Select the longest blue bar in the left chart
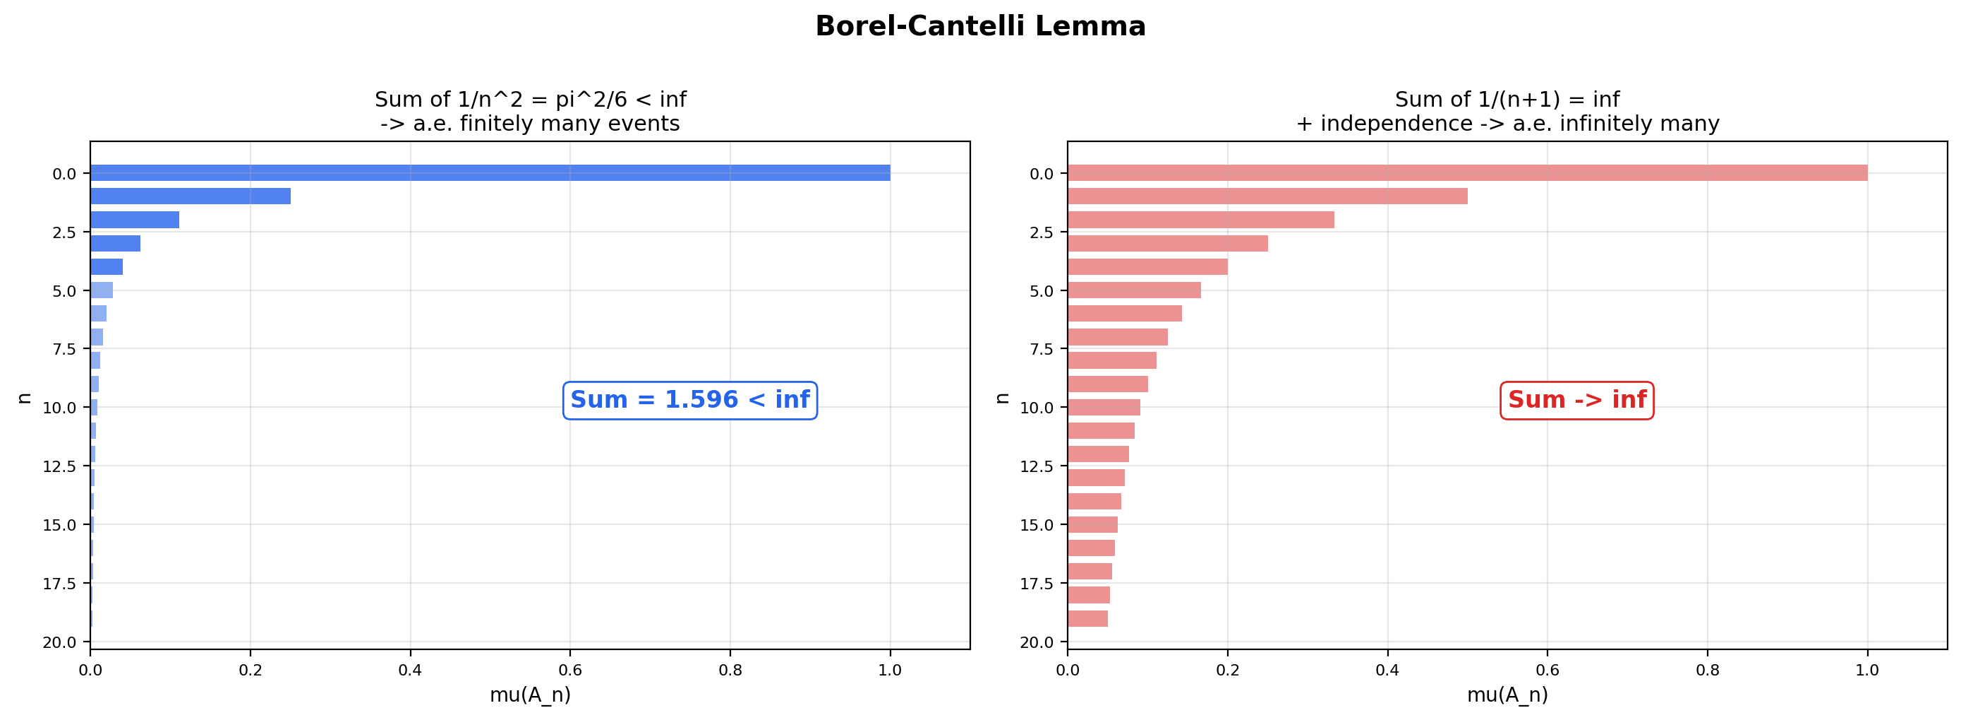tap(490, 173)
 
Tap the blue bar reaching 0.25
tap(191, 196)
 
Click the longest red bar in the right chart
tap(1467, 173)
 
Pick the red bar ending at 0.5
tap(1267, 196)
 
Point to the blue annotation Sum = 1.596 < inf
tap(689, 400)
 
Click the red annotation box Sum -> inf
tap(1576, 400)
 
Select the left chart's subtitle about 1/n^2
tap(530, 111)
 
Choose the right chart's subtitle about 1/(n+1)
tap(1507, 111)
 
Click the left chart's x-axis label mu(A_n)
tap(530, 695)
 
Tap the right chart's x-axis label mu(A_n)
tap(1507, 695)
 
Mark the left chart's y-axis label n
tap(25, 398)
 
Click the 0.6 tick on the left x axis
tap(569, 671)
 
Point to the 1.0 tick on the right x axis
tap(1866, 671)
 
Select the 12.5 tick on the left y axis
tap(59, 466)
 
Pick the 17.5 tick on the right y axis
tap(1037, 584)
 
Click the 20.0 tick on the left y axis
tap(59, 642)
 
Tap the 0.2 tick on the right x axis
tap(1227, 671)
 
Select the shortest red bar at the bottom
tap(1087, 619)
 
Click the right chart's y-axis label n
tap(1002, 398)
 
